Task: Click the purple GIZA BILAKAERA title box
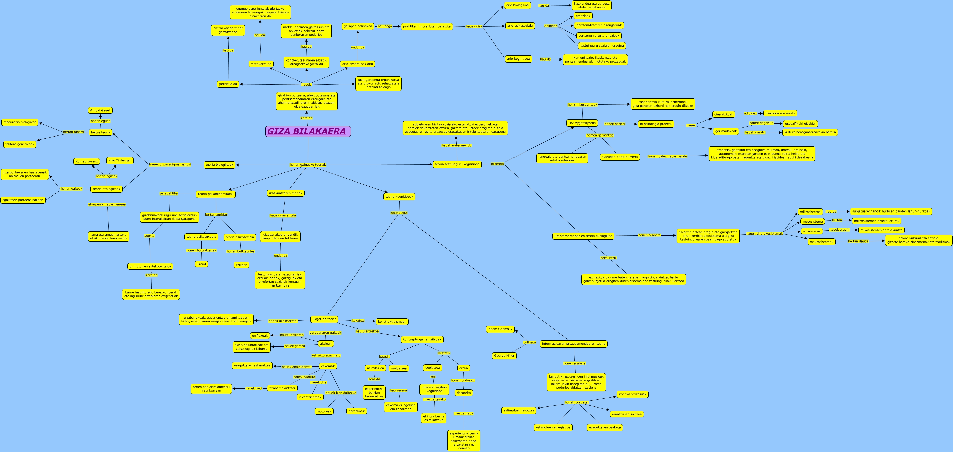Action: point(308,131)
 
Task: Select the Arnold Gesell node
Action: point(100,110)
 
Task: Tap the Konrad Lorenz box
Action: point(87,161)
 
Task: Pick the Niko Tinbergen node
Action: point(120,160)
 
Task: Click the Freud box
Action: point(202,264)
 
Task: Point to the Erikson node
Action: point(241,265)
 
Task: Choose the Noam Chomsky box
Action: point(500,329)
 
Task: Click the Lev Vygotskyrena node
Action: point(582,123)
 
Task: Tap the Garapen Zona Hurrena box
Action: point(620,157)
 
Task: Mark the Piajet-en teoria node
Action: point(324,319)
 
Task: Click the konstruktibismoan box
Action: point(392,321)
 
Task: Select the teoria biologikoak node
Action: point(220,164)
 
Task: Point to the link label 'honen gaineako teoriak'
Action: point(308,164)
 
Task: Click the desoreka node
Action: point(464,393)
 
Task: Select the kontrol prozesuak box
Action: point(633,394)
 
